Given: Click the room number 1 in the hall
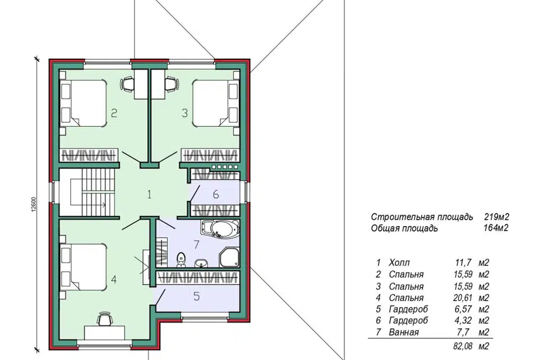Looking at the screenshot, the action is click(x=149, y=195).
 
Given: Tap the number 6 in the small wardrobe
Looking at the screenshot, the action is click(x=216, y=195).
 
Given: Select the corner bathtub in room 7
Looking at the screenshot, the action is click(x=220, y=229).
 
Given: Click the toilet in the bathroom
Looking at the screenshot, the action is click(x=181, y=260).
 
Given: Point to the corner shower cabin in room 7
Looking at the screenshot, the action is click(x=229, y=257).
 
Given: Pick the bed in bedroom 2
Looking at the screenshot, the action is click(x=83, y=103).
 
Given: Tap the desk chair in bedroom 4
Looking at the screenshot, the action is click(x=105, y=319).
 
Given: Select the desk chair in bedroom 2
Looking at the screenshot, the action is click(x=128, y=84).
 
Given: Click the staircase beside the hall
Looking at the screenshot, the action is click(x=87, y=192).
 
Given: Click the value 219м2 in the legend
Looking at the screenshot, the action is click(x=496, y=217).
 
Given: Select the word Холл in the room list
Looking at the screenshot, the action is click(x=399, y=263).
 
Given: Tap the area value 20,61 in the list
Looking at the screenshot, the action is click(x=463, y=298).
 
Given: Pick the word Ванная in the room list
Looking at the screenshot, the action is click(x=404, y=332).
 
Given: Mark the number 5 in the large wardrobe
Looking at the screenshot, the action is click(x=197, y=296).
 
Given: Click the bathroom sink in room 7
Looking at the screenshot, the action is click(x=201, y=263).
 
